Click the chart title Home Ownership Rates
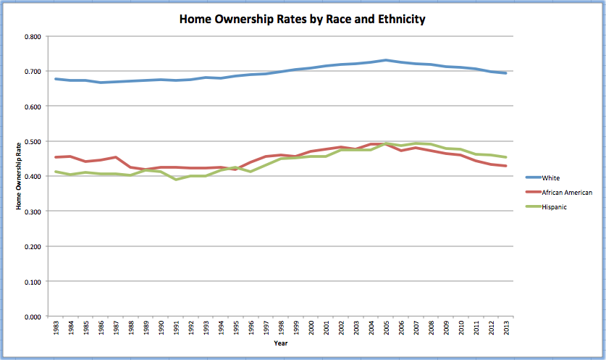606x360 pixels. point(302,19)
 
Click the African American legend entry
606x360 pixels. point(571,192)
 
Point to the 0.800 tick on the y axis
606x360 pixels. point(31,36)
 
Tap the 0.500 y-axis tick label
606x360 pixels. point(31,141)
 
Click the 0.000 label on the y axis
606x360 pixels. point(31,317)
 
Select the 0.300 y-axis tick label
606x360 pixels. point(31,212)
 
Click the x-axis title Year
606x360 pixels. point(281,343)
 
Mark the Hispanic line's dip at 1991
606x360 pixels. point(176,179)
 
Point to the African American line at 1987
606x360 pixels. point(116,157)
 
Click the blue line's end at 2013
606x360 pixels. point(504,73)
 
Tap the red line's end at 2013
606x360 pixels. point(504,166)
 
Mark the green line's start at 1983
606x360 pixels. point(56,172)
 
